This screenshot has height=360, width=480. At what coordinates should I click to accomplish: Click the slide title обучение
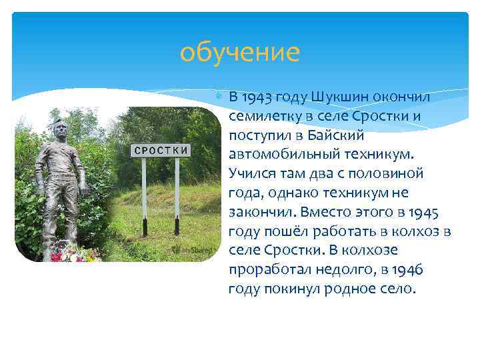click(240, 52)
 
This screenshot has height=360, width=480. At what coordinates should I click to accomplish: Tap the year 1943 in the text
click(257, 97)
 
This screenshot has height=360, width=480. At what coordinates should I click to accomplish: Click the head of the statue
click(59, 127)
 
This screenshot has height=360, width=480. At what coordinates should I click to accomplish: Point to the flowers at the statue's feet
click(73, 254)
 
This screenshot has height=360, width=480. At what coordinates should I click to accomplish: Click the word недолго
click(339, 271)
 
